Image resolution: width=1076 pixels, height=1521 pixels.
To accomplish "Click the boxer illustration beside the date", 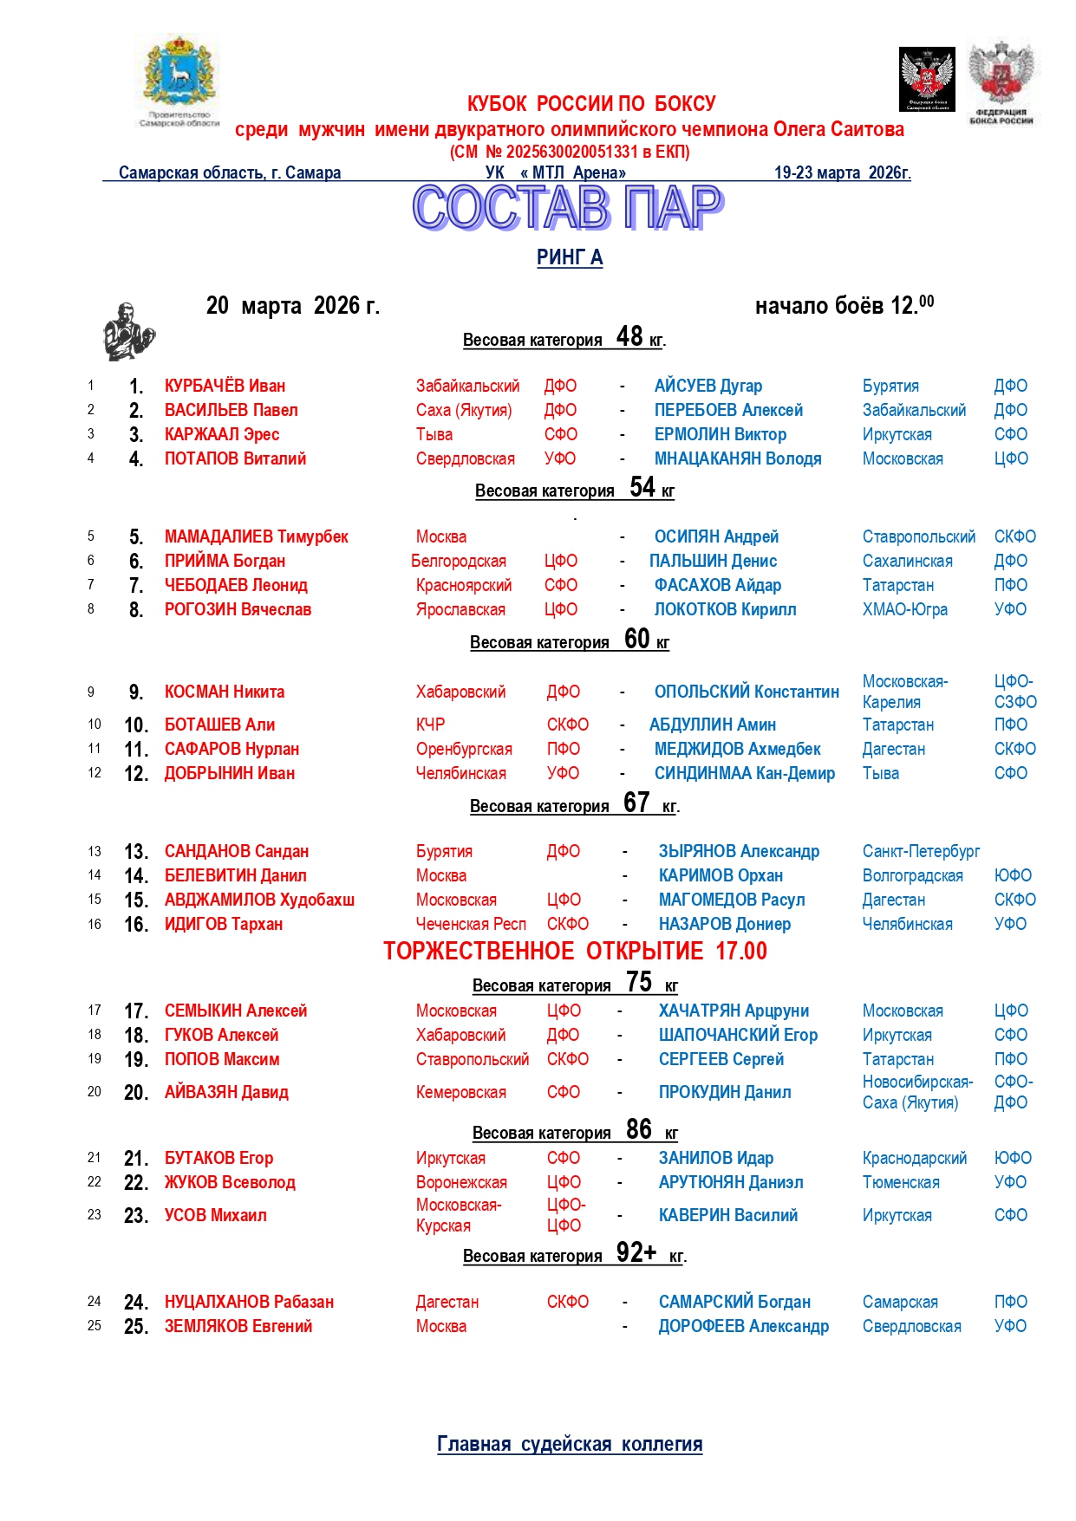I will point(129,332).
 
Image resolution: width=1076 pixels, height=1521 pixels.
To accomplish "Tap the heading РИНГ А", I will point(569,257).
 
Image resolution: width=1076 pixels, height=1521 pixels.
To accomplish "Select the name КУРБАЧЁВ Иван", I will point(225,386).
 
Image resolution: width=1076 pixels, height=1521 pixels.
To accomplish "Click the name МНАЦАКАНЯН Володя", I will point(737,458).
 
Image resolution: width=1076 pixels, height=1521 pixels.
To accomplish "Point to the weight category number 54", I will point(642,487).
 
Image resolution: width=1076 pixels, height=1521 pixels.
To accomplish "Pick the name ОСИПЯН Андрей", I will point(716,536).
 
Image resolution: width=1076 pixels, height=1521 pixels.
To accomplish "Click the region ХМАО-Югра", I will point(904,609).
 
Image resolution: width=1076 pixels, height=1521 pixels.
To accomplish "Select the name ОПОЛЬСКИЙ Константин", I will point(747,692).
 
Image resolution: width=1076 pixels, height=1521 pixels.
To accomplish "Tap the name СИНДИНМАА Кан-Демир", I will point(744,773).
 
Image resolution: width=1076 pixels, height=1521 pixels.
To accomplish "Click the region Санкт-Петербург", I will point(921,851).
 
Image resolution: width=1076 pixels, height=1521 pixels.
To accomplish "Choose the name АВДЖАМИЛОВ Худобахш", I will point(259,900).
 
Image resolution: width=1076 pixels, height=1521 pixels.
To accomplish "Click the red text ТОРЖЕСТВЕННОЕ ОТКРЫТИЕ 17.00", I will point(575,951).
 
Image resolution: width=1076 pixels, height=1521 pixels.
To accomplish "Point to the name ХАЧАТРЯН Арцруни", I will point(734,1011).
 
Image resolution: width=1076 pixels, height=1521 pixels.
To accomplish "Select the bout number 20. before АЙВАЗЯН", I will point(136,1092).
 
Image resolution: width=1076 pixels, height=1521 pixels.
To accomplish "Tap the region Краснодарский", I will point(914,1158).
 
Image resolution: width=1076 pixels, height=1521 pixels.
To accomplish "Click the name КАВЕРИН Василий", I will point(727,1215).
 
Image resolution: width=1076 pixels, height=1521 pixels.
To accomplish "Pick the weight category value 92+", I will point(636,1252).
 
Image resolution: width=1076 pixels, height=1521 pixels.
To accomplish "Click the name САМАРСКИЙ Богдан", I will point(734,1302).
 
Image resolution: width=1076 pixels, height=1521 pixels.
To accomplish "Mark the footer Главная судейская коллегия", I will point(570,1444).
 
